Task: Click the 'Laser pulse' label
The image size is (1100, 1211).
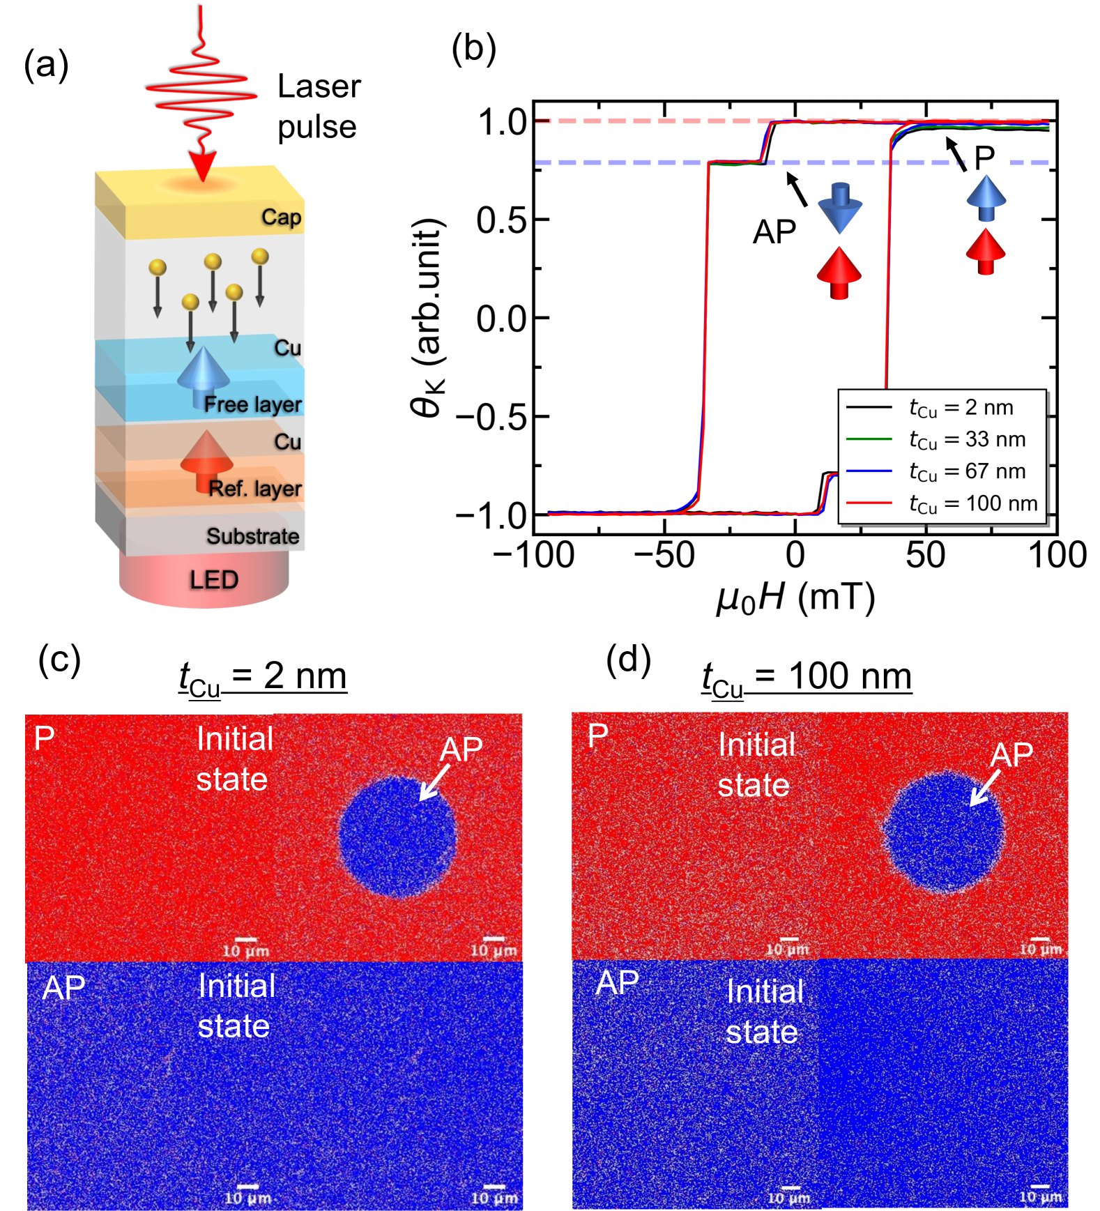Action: [319, 107]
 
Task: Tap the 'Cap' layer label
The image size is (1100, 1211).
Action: [281, 217]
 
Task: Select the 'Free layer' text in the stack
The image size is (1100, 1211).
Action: [252, 404]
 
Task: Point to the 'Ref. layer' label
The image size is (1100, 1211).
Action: [255, 489]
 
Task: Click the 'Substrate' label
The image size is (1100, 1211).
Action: [252, 536]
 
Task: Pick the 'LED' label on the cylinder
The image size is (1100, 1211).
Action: [213, 580]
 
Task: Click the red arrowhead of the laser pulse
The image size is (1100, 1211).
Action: [202, 167]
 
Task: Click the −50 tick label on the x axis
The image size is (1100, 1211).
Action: [664, 556]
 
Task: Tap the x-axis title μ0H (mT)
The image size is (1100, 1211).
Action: [795, 598]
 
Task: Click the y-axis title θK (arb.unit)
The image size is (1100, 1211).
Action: [427, 317]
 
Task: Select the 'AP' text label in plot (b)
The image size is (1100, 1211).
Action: [774, 232]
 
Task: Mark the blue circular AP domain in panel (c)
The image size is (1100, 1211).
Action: [397, 836]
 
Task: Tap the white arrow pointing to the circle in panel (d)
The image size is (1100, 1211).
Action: [985, 790]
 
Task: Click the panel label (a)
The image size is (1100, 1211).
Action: [46, 66]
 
